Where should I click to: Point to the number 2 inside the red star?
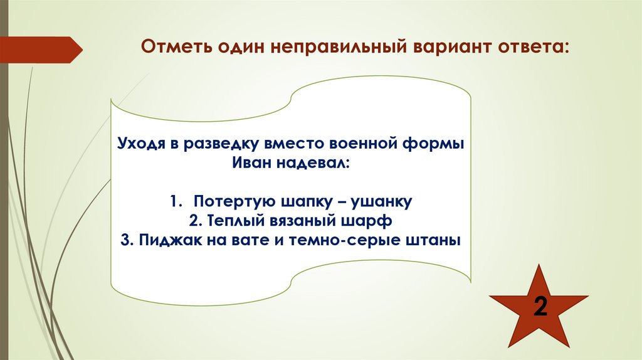pos(539,307)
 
